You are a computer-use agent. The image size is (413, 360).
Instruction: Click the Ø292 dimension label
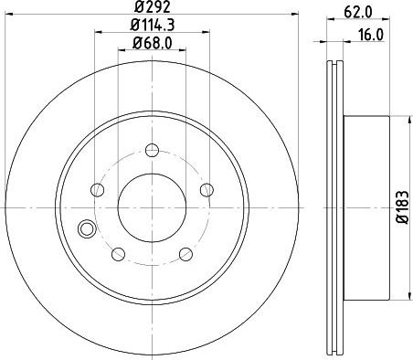tap(152, 6)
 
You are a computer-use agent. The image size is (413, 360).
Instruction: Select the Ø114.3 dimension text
tap(153, 25)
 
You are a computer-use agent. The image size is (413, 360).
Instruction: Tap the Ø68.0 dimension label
tap(152, 43)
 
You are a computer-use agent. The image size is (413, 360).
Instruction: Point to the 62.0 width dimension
tap(358, 12)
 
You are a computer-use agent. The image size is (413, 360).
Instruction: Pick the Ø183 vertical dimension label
tap(403, 207)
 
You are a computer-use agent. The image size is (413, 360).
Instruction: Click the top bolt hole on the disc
tap(152, 150)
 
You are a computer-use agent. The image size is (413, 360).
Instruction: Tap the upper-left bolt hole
tap(98, 190)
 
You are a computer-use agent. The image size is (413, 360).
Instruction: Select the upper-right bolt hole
tap(206, 190)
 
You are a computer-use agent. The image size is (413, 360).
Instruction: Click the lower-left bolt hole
tap(119, 254)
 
